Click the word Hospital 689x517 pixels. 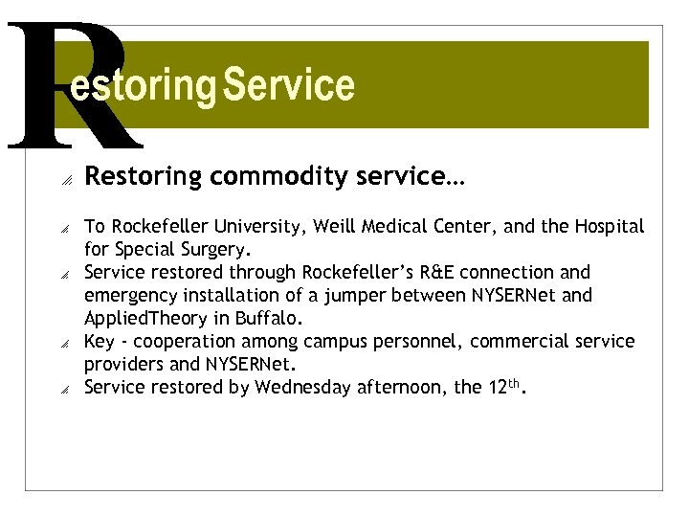610,227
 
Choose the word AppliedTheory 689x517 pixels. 144,319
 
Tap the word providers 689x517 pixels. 124,365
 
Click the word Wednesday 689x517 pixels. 301,388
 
